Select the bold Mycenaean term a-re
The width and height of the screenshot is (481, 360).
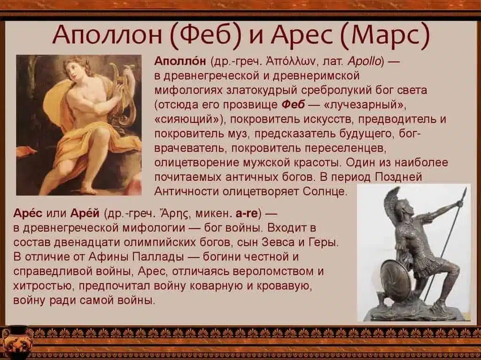coord(247,214)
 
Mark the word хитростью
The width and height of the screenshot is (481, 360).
coord(44,285)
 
